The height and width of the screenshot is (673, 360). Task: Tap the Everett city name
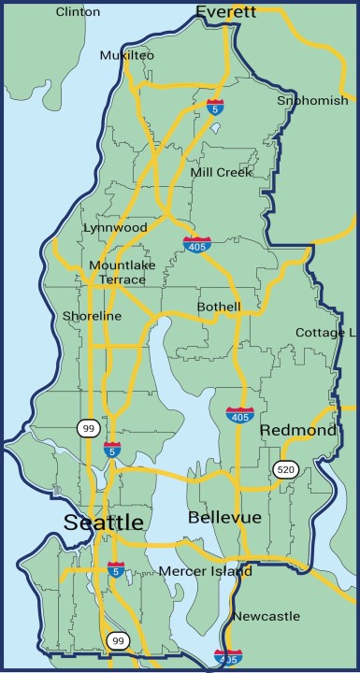[225, 12]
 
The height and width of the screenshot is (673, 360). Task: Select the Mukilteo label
[127, 56]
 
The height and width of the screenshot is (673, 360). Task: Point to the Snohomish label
[312, 100]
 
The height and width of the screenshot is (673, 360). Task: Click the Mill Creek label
[221, 172]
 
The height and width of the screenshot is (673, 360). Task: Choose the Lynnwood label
[115, 227]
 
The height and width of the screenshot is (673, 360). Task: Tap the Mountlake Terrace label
[117, 272]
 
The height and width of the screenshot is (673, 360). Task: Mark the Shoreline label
[92, 316]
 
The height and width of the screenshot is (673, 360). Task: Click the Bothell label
[219, 307]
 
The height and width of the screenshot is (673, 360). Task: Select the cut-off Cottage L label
[325, 333]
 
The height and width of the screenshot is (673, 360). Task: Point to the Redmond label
[297, 430]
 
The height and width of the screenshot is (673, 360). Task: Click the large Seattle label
[104, 522]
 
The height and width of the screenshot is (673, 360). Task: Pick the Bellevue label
[224, 517]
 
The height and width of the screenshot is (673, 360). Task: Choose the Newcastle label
[266, 616]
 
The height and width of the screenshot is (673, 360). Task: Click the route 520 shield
[285, 468]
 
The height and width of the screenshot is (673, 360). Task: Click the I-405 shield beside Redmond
[238, 413]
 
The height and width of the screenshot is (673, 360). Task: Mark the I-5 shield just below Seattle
[116, 568]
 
